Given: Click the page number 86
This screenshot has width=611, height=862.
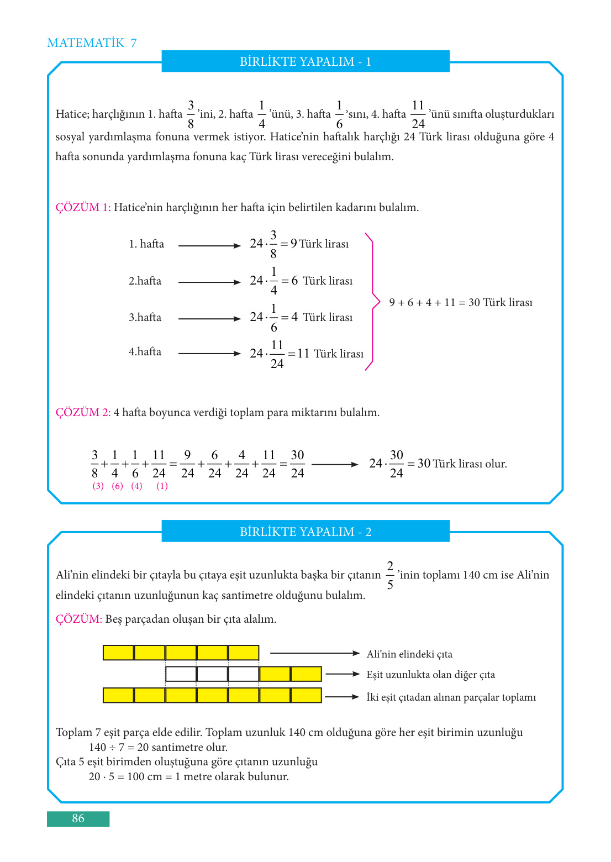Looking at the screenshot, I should [x=78, y=818].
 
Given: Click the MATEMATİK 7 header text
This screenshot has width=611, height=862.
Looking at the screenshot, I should [x=92, y=43].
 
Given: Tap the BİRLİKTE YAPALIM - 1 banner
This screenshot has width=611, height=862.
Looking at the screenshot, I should [x=305, y=61].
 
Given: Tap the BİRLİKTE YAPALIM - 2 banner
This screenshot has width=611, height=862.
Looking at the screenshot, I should [x=305, y=532].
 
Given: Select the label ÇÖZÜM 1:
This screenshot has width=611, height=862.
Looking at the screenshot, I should [x=83, y=208].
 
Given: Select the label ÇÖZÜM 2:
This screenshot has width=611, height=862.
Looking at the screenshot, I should [x=83, y=413].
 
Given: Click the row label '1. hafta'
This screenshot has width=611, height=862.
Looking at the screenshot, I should [x=146, y=244].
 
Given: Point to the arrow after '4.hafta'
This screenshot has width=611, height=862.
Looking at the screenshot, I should [x=209, y=354].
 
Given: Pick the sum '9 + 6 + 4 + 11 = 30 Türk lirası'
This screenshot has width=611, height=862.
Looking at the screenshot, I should [x=461, y=303].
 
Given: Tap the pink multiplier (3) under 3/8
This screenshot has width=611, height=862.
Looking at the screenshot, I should [x=98, y=486].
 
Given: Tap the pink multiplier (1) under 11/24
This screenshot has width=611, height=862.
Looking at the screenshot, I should [x=162, y=486].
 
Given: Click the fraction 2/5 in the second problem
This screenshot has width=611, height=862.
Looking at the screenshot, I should [x=390, y=575].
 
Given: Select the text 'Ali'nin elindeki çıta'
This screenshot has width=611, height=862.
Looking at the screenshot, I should [x=409, y=654].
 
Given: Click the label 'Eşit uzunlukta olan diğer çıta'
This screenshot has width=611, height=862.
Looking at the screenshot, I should [x=431, y=675].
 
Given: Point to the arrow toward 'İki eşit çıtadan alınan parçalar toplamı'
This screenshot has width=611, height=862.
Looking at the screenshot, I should [x=342, y=697].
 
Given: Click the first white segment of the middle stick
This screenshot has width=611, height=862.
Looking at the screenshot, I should [x=181, y=674].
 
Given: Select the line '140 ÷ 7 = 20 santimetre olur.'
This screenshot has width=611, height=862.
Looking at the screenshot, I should [x=158, y=748].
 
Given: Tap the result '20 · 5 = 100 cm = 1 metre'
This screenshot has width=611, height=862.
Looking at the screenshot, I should [x=188, y=777].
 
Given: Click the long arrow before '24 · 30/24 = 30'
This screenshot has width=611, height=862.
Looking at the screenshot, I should [x=335, y=465].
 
